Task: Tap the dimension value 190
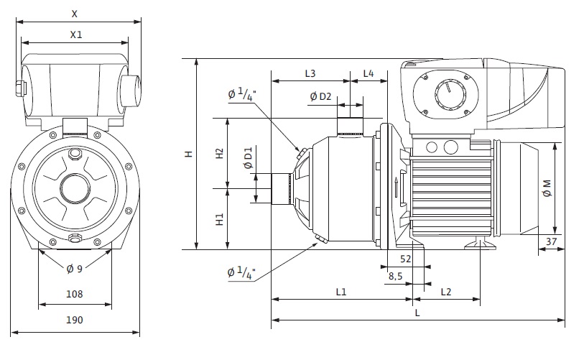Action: coord(75,320)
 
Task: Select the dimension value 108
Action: coord(75,293)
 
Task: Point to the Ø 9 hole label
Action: coord(75,269)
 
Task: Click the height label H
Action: coord(188,154)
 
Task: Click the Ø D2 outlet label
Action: coord(320,96)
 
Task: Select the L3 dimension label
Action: coord(310,73)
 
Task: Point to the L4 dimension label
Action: coord(368,73)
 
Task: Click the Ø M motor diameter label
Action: coord(547,188)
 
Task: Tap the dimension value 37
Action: coord(552,241)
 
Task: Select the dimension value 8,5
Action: coord(395,275)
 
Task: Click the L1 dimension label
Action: coord(341,292)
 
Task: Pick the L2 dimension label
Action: coord(445,292)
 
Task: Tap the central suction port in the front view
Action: coord(75,188)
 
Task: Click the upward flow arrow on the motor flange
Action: coord(396,188)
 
